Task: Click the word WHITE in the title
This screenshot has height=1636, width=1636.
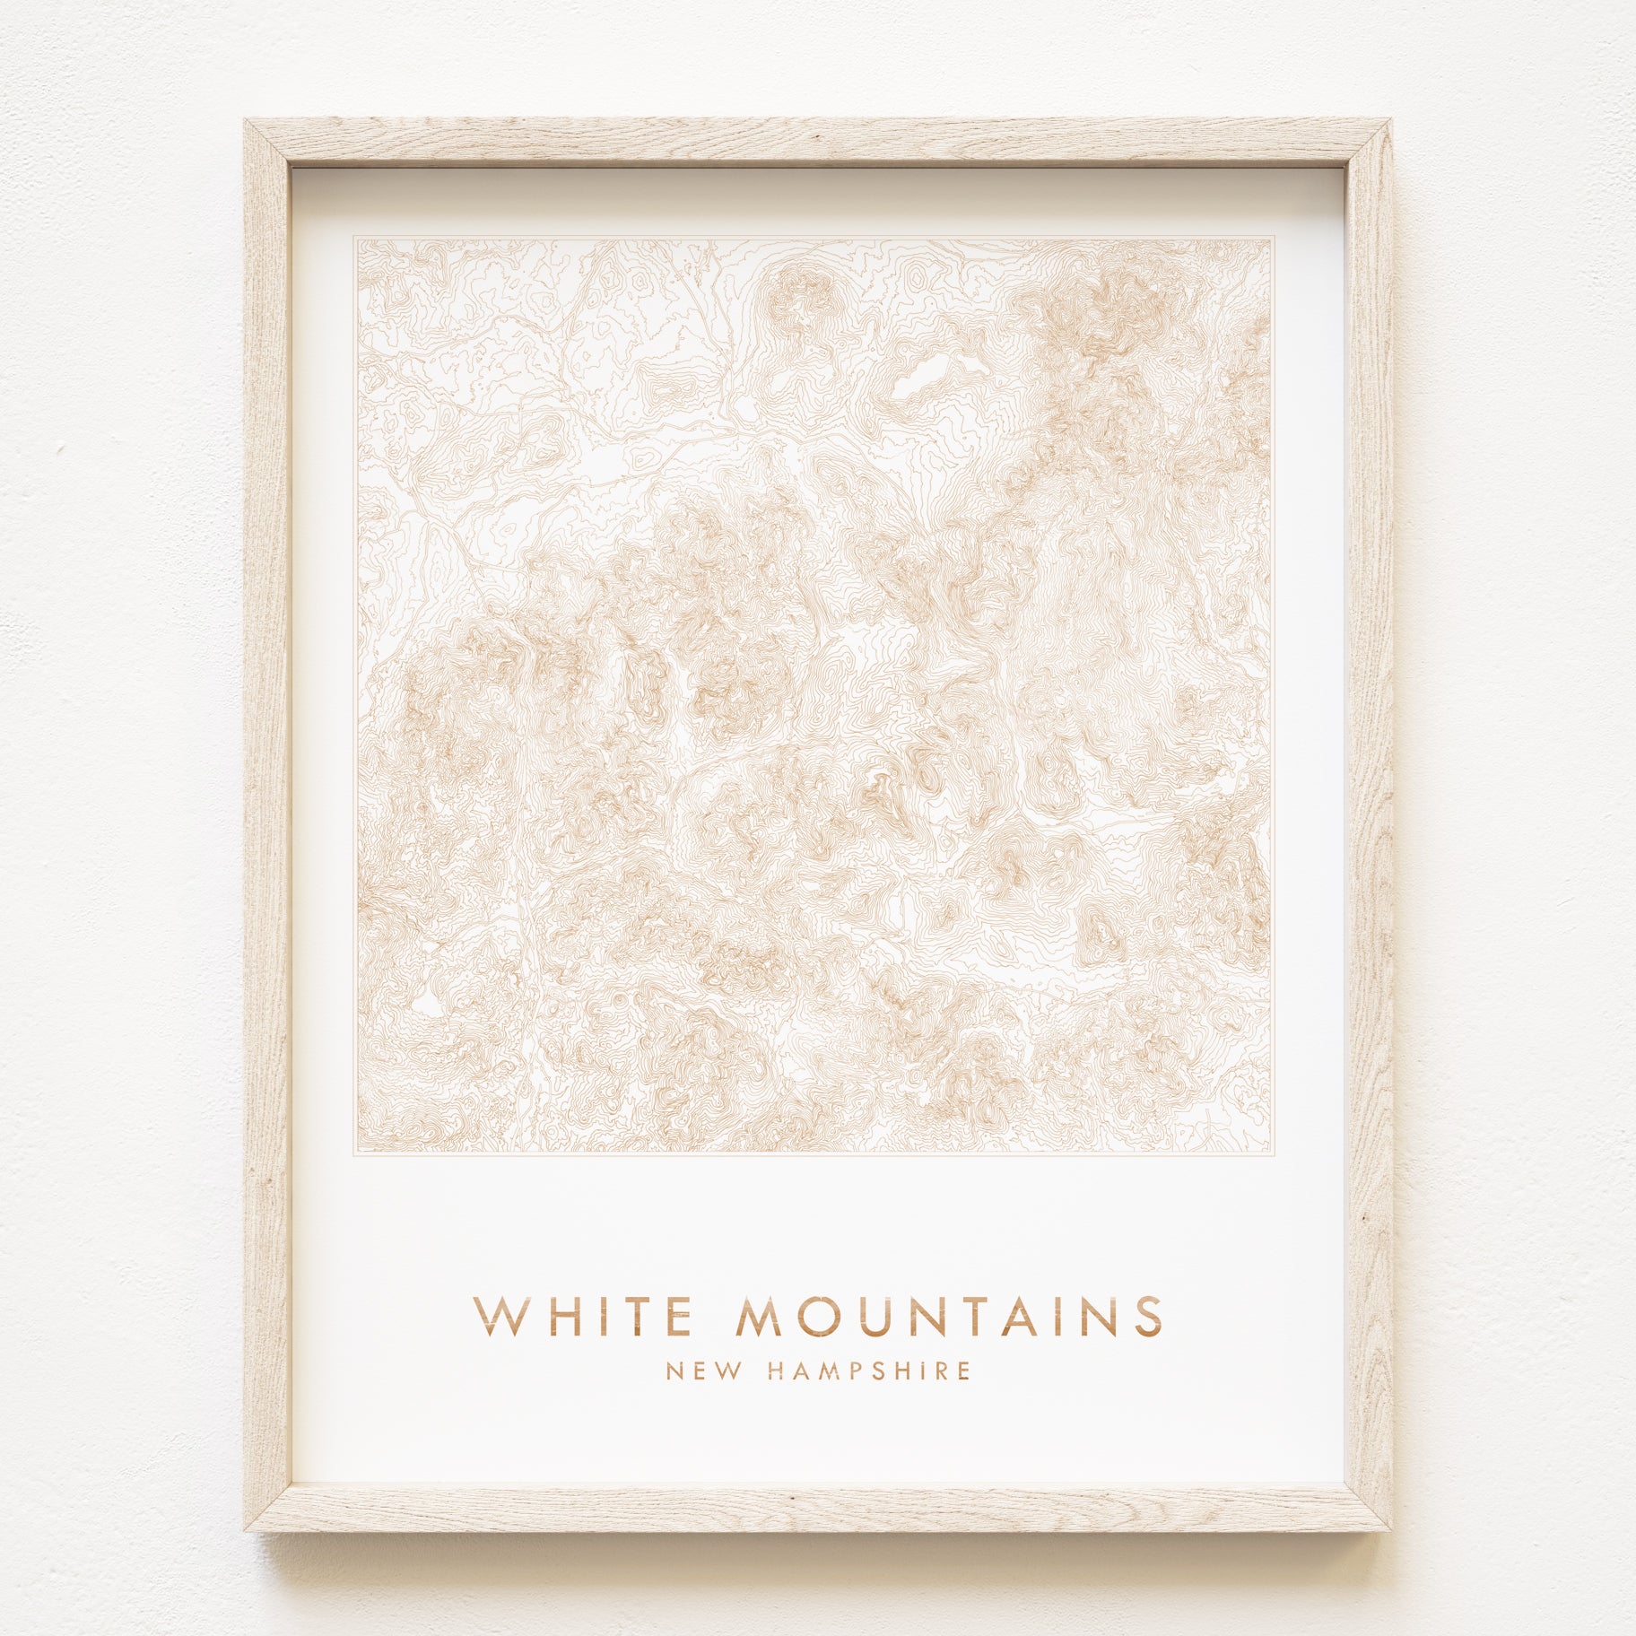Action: [583, 1317]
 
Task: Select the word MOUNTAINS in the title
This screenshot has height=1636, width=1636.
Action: [949, 1317]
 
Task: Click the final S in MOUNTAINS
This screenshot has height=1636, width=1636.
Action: [1147, 1317]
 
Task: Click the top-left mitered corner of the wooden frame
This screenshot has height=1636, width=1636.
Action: [267, 143]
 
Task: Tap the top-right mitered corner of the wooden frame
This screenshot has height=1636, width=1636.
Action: [1368, 143]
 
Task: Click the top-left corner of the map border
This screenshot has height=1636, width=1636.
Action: [354, 238]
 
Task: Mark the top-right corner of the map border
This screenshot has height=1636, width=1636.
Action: [1272, 238]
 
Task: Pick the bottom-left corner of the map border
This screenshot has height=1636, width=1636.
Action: [354, 1154]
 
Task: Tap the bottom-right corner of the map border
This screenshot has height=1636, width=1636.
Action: [1272, 1154]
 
